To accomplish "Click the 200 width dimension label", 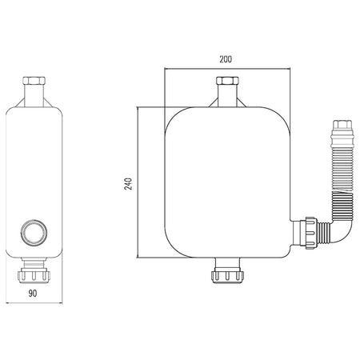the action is (x=226, y=59).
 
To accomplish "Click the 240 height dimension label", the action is (x=128, y=184).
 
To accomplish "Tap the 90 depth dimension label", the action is (x=33, y=294).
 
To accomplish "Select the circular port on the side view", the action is (x=34, y=232).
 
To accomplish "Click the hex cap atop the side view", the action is (x=34, y=81).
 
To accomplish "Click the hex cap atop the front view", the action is (x=227, y=81).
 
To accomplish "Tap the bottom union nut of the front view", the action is (x=227, y=276).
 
